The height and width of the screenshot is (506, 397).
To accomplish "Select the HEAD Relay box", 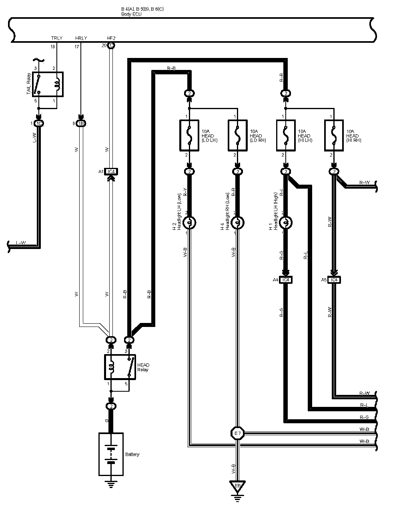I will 120,367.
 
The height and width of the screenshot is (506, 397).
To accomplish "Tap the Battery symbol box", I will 111,454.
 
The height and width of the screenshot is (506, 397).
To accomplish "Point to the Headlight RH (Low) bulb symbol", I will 237,223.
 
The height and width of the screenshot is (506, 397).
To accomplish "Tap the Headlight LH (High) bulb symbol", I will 286,223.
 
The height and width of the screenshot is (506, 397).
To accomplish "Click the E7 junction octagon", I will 237,433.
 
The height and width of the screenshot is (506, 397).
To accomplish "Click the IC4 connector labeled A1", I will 111,172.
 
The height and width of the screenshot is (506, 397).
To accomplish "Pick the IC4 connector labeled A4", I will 286,280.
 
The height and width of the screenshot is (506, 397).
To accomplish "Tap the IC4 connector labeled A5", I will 334,280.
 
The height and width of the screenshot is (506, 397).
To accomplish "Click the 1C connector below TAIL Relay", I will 39,124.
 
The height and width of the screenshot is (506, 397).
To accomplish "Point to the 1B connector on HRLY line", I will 81,124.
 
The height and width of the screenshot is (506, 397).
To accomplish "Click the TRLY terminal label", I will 57,38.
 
